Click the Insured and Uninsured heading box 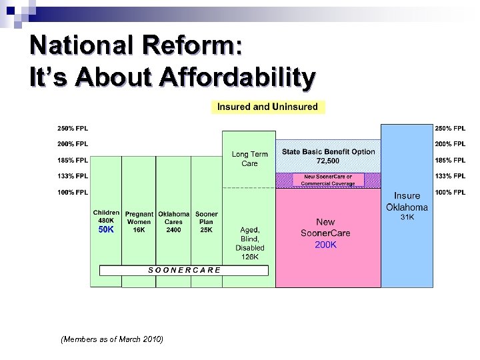pyautogui.click(x=267, y=107)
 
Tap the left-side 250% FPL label pyautogui.click(x=72, y=128)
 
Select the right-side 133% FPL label pyautogui.click(x=450, y=176)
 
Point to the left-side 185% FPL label pyautogui.click(x=72, y=160)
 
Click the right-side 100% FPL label pyautogui.click(x=450, y=193)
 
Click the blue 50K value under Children pyautogui.click(x=107, y=229)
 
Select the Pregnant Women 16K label pyautogui.click(x=139, y=222)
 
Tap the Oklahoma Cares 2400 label pyautogui.click(x=173, y=222)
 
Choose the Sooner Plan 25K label pyautogui.click(x=207, y=222)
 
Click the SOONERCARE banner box pyautogui.click(x=183, y=270)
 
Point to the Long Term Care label pyautogui.click(x=249, y=159)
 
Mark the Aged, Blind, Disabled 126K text pyautogui.click(x=249, y=243)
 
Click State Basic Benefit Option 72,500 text pyautogui.click(x=328, y=156)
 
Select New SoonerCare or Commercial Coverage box pyautogui.click(x=328, y=180)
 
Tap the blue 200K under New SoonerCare pyautogui.click(x=325, y=245)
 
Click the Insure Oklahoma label pyautogui.click(x=407, y=201)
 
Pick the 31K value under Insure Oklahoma pyautogui.click(x=407, y=217)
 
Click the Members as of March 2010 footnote pyautogui.click(x=111, y=339)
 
